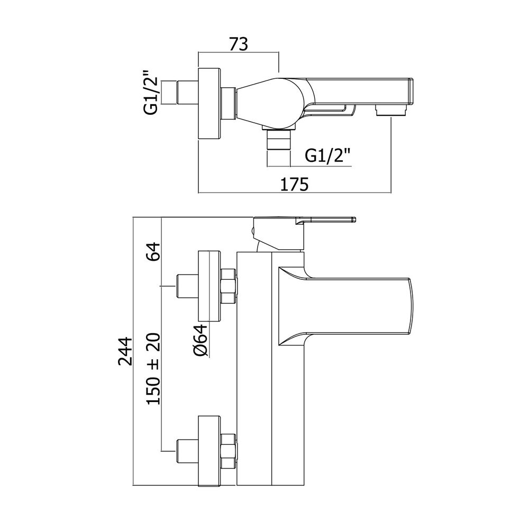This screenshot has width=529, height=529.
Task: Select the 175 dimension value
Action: [x=295, y=184]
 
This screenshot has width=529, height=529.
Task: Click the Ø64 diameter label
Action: [x=200, y=340]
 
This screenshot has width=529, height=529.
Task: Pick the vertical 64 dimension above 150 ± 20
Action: [x=153, y=251]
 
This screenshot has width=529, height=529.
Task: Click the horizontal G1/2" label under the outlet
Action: [x=327, y=156]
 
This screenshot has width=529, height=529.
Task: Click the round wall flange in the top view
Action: [x=209, y=104]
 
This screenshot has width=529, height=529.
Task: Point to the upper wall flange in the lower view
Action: [x=209, y=286]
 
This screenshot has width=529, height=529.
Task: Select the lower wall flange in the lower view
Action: [x=209, y=451]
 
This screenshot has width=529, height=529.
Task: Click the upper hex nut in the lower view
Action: [x=229, y=286]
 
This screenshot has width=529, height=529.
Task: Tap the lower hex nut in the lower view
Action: [x=229, y=451]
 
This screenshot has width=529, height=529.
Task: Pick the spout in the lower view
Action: [x=345, y=306]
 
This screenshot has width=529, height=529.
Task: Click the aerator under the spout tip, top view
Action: [x=391, y=110]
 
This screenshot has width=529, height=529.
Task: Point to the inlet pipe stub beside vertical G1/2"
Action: [x=187, y=92]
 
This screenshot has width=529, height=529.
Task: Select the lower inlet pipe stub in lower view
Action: [x=187, y=451]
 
